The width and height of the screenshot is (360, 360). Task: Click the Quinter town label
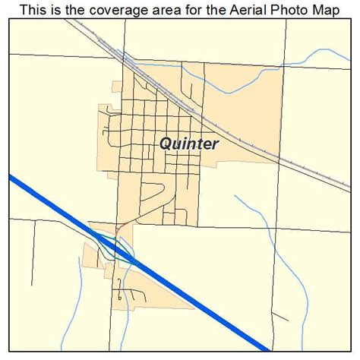tap(189, 143)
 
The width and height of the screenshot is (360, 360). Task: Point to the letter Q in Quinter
tap(165, 143)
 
